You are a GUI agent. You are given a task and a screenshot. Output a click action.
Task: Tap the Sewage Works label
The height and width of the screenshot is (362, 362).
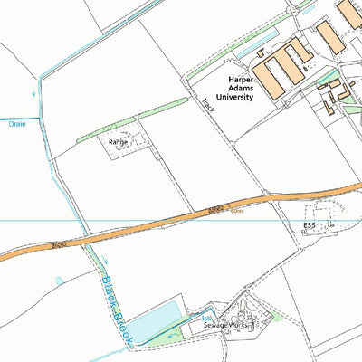tap(225, 324)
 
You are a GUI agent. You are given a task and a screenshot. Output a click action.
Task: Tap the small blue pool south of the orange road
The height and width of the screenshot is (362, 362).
tap(60, 281)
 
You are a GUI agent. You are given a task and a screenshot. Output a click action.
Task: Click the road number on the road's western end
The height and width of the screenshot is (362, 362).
tap(60, 244)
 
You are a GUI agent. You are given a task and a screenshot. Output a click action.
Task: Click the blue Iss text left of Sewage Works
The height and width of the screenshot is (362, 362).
tap(206, 319)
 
